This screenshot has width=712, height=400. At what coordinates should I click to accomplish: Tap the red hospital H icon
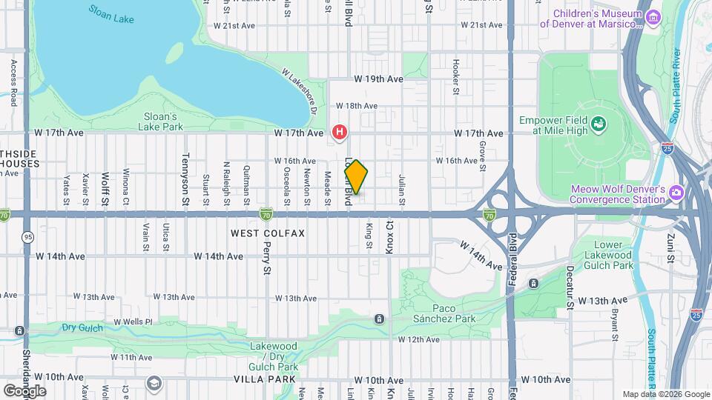[340, 133]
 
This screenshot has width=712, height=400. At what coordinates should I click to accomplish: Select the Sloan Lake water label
[111, 14]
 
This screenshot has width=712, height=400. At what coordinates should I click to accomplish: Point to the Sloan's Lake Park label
[159, 121]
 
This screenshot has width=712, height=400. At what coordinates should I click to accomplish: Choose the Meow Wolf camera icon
[676, 193]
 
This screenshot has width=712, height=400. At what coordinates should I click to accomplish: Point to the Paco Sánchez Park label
[464, 313]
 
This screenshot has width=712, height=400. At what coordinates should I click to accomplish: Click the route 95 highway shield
[27, 236]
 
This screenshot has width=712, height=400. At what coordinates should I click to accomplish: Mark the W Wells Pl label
[133, 322]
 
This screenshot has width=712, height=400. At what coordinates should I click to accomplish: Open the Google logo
[24, 390]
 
